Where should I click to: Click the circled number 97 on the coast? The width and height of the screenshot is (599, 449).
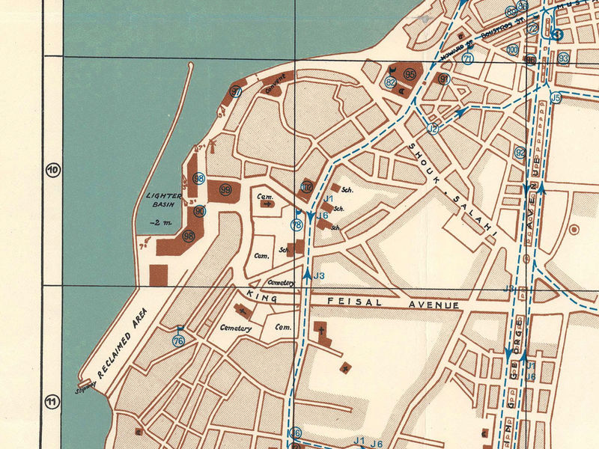(236, 92)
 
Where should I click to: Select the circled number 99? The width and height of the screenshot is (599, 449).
(225, 190)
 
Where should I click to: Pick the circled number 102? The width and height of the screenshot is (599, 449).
(306, 187)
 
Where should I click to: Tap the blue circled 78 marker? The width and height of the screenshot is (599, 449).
(297, 224)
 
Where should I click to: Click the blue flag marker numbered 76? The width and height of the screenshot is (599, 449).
(178, 340)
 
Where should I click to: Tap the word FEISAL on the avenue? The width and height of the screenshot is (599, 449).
(352, 302)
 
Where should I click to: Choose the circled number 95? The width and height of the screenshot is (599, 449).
(410, 74)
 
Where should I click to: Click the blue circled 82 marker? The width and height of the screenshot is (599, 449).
(390, 83)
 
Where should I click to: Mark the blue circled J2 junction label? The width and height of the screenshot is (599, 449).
(433, 129)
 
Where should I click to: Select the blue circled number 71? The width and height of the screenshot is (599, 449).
(468, 59)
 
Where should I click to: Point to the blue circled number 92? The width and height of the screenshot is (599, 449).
(520, 152)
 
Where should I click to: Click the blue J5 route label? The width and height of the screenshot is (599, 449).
(555, 97)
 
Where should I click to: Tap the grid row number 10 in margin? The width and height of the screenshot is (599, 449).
(52, 170)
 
